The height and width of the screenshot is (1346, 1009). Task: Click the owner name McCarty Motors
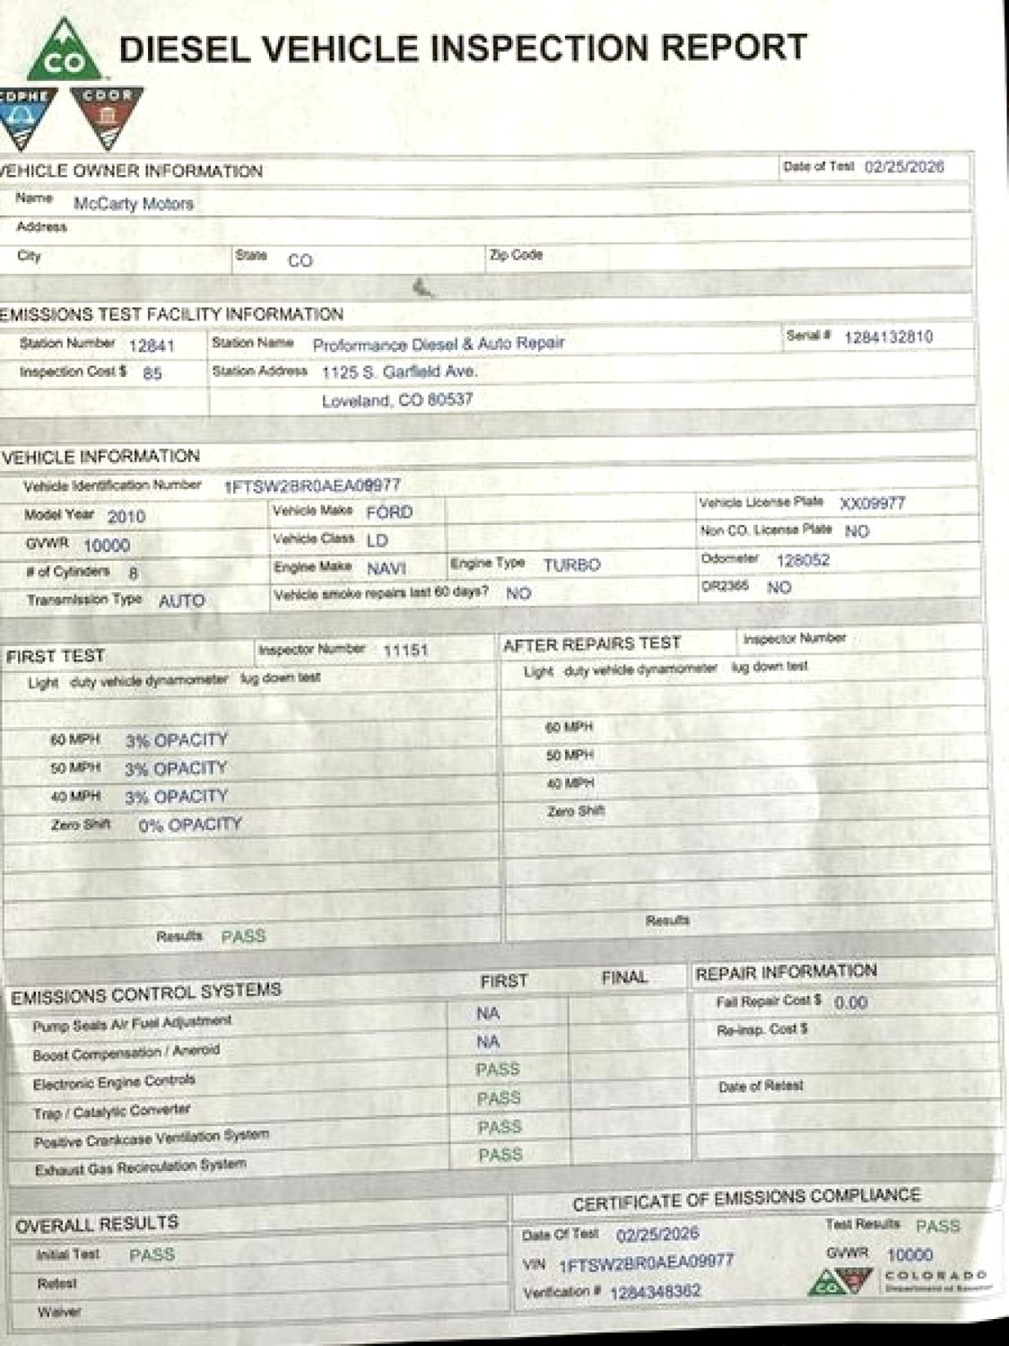click(x=134, y=204)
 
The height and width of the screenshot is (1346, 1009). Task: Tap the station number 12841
click(x=152, y=345)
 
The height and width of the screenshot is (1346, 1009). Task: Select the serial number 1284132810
click(x=888, y=336)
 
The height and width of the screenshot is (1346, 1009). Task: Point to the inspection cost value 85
click(x=152, y=373)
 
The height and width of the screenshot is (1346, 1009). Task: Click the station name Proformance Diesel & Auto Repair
click(x=439, y=344)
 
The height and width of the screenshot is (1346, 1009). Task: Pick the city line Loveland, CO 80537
click(x=397, y=400)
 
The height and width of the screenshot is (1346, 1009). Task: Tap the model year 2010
click(x=126, y=517)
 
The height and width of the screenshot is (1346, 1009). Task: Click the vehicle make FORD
click(x=389, y=512)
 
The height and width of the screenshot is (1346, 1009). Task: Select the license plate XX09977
click(x=873, y=503)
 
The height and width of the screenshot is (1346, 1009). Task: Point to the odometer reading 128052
click(x=803, y=560)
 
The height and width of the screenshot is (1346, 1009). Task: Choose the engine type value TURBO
click(x=571, y=564)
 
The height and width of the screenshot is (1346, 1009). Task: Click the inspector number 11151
click(x=405, y=650)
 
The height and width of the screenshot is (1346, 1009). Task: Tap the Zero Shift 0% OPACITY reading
click(x=190, y=825)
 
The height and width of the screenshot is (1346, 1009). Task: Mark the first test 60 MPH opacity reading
click(x=176, y=740)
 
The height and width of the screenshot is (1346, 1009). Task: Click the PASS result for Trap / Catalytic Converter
click(x=499, y=1098)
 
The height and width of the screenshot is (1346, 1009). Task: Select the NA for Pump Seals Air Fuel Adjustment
click(x=488, y=1014)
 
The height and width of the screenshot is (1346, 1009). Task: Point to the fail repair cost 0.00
click(x=850, y=1002)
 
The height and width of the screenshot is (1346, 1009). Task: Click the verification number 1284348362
click(x=656, y=1292)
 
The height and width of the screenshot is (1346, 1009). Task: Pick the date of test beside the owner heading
click(x=904, y=167)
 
